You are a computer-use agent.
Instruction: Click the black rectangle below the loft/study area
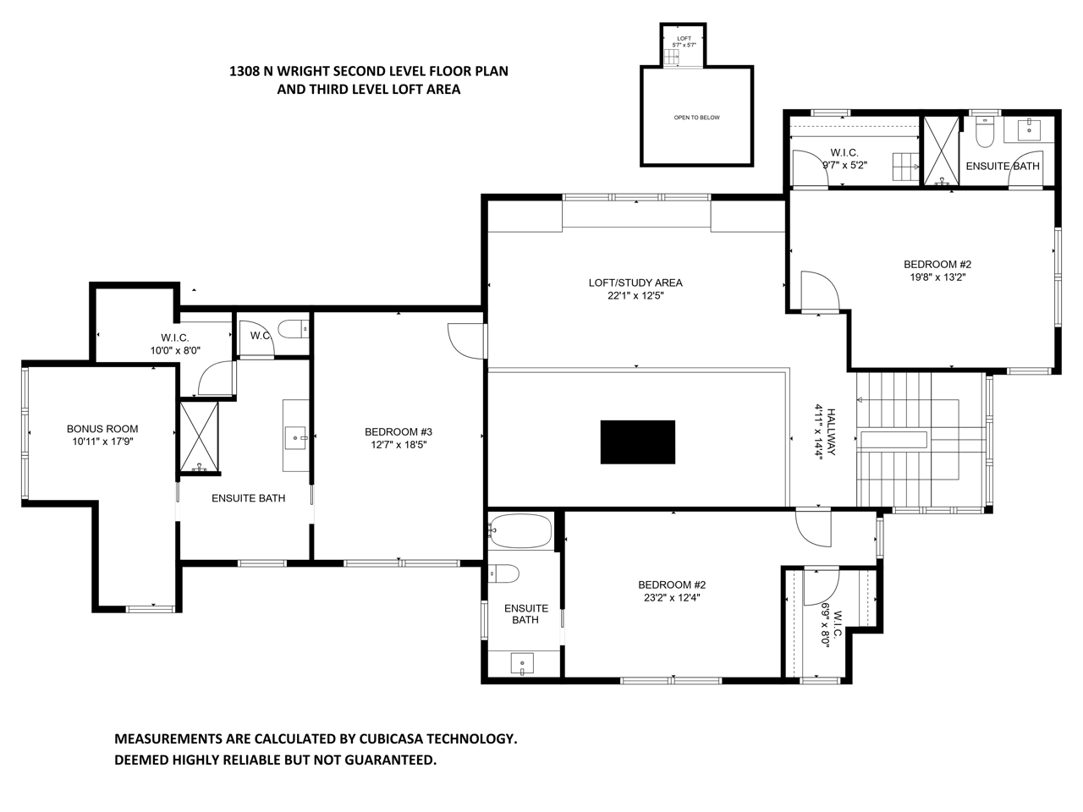(x=637, y=442)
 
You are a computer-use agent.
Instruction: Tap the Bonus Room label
(x=102, y=429)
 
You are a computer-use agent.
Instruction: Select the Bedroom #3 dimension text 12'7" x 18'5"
(x=399, y=445)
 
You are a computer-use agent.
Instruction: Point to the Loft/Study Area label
(x=635, y=283)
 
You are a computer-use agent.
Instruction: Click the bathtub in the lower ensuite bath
(x=520, y=531)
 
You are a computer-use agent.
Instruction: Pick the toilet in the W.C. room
(x=293, y=329)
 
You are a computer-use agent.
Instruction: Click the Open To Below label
(x=696, y=118)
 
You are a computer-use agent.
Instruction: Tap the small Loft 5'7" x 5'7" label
(x=684, y=41)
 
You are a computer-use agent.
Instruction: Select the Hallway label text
(x=831, y=431)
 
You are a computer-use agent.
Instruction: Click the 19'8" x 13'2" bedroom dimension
(x=937, y=277)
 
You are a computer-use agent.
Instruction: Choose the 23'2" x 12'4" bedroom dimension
(x=672, y=597)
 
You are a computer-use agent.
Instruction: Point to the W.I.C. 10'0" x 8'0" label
(x=175, y=344)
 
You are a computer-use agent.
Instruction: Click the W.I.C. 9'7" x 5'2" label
(x=844, y=159)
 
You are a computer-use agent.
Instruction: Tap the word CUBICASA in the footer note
(x=391, y=738)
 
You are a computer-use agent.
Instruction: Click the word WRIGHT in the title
(x=303, y=71)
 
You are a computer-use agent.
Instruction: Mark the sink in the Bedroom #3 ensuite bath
(x=295, y=438)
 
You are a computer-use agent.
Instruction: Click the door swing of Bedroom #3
(x=465, y=341)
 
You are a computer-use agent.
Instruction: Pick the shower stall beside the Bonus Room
(x=199, y=436)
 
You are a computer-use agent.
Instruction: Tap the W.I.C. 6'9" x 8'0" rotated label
(x=831, y=628)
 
